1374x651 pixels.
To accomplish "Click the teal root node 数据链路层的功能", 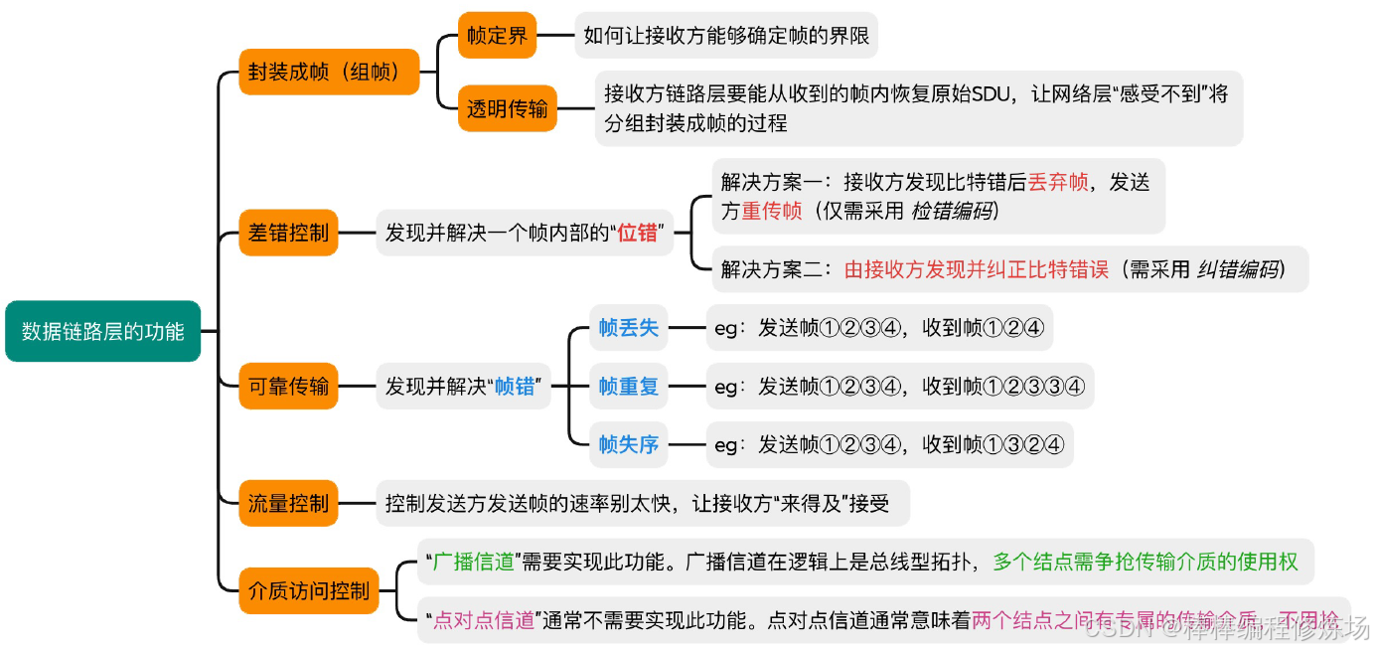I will [x=103, y=331].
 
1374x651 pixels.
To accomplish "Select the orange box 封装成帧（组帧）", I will [x=329, y=73].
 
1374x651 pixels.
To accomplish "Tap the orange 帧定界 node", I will [x=497, y=37].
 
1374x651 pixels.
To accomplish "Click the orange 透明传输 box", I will [x=507, y=108].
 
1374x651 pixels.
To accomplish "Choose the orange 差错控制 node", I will [x=288, y=235].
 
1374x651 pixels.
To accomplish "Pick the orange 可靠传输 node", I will [x=288, y=386].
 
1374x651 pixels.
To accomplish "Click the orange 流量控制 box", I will [x=288, y=503].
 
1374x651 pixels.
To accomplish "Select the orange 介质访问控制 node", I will [x=308, y=590].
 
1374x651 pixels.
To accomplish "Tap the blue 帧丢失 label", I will [x=628, y=328].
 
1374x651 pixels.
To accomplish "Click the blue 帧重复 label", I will [x=628, y=386].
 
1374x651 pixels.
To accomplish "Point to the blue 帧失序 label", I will [x=628, y=444].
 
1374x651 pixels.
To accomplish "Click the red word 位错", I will [x=638, y=235].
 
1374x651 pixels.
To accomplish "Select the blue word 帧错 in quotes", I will [x=516, y=386].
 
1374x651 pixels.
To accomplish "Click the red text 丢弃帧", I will [x=1058, y=183].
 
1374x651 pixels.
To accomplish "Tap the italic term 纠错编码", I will [x=1238, y=268].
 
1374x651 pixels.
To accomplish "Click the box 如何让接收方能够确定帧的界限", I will [x=726, y=37].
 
